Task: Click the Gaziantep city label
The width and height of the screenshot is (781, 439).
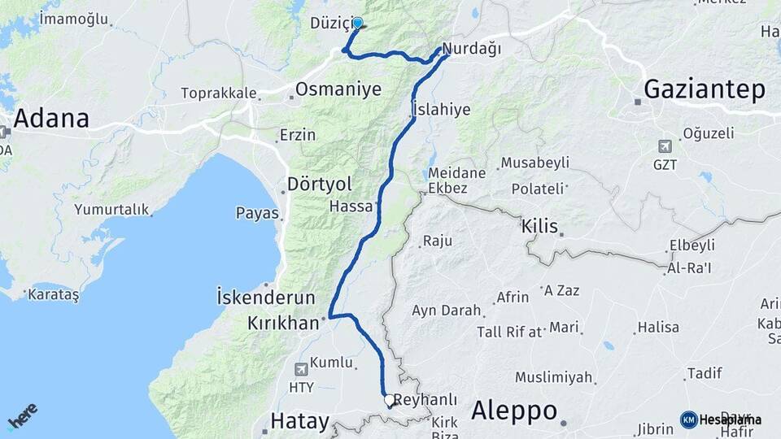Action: pyautogui.click(x=704, y=89)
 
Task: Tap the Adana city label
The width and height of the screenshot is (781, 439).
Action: pyautogui.click(x=51, y=119)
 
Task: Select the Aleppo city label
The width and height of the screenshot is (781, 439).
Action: pyautogui.click(x=513, y=409)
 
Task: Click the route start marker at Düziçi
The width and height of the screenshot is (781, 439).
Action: pyautogui.click(x=356, y=24)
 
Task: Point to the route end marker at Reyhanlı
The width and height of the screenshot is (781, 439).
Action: pyautogui.click(x=389, y=400)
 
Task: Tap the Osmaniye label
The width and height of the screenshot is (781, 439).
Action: pyautogui.click(x=338, y=89)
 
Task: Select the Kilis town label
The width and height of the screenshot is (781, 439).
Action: pyautogui.click(x=540, y=227)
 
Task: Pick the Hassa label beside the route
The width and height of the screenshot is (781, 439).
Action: pyautogui.click(x=351, y=207)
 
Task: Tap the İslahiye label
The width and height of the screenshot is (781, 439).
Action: pyautogui.click(x=441, y=110)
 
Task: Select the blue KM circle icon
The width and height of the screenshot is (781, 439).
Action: pyautogui.click(x=688, y=419)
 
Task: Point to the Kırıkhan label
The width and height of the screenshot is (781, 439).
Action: pyautogui.click(x=283, y=324)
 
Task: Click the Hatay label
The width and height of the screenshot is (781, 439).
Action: pyautogui.click(x=299, y=422)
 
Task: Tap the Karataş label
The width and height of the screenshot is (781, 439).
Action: pyautogui.click(x=54, y=294)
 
